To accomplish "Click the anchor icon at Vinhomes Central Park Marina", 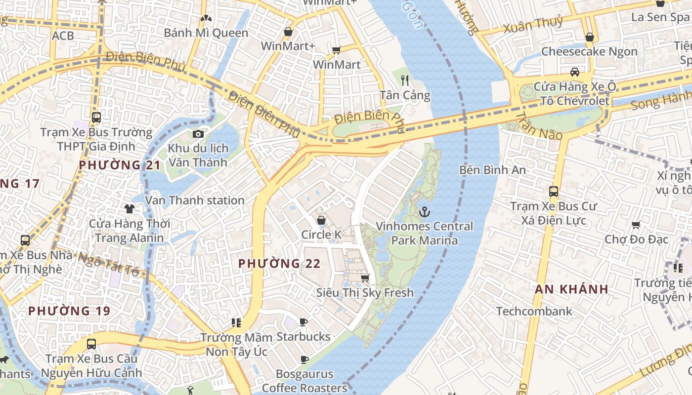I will click(424, 212).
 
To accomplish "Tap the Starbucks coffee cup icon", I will click(303, 322).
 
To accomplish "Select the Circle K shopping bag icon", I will click(321, 220).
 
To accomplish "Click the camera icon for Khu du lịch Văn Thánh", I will click(198, 134).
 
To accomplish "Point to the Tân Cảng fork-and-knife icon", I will click(405, 80).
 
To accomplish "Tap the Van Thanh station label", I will click(195, 200).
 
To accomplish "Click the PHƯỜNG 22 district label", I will click(279, 264).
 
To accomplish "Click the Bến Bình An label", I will click(492, 170).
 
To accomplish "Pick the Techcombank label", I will click(534, 312).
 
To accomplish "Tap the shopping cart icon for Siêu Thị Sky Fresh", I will click(365, 278).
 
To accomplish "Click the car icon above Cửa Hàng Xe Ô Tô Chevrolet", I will click(575, 72).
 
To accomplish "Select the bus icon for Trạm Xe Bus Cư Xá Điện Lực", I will click(554, 192).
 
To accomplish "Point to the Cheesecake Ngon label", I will click(589, 51).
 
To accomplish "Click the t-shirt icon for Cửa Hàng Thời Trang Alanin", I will click(130, 209).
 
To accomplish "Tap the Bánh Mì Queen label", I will click(206, 33).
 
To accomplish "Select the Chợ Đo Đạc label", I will click(636, 239).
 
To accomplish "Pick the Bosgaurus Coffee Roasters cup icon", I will click(304, 359).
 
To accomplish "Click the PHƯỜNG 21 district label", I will click(120, 165).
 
